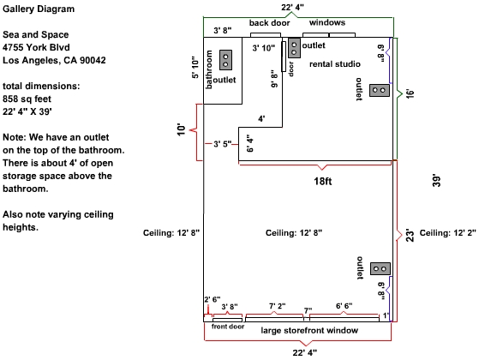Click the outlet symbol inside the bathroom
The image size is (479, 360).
coord(225,60)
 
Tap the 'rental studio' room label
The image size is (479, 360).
coord(335,64)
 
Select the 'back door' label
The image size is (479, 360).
coord(269,23)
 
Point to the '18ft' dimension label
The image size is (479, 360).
coord(323,181)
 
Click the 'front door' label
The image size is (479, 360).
coord(228,327)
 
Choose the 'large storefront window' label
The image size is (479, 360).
coord(309,331)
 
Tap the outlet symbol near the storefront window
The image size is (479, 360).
coord(380,268)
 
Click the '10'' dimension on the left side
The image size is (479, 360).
coord(181,130)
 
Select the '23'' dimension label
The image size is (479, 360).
coord(410,236)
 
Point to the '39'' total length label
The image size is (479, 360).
coord(437,181)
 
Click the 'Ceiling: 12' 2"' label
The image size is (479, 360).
coord(447,233)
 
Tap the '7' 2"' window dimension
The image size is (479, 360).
coord(278,306)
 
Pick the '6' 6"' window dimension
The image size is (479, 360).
coord(344,306)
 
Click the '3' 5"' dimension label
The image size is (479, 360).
coord(223,144)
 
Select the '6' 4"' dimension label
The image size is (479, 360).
coord(250,143)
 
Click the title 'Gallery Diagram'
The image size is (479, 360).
coord(39,9)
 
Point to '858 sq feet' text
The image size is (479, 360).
coord(27,99)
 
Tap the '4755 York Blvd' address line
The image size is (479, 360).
coord(36,47)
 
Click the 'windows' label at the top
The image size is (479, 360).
coord(327,22)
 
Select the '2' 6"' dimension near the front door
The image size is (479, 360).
coord(213,299)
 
